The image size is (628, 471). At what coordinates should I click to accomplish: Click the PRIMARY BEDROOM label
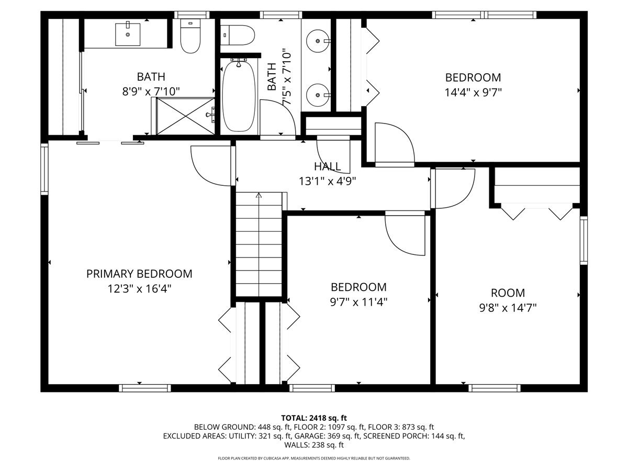[139, 274]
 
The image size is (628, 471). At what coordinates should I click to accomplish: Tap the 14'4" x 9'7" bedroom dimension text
[473, 93]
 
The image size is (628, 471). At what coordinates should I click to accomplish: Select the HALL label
[327, 166]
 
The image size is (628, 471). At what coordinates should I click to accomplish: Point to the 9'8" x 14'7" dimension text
[508, 308]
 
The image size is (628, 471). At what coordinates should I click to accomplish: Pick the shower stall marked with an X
[185, 116]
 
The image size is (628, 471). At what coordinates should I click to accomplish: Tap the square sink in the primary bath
[128, 35]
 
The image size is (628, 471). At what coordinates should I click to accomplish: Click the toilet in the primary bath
[190, 36]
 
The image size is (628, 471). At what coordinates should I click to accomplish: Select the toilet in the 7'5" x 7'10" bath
[238, 35]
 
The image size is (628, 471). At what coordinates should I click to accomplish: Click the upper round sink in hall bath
[318, 41]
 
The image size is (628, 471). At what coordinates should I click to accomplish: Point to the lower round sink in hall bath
[318, 95]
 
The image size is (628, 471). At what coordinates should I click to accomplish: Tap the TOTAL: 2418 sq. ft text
[314, 418]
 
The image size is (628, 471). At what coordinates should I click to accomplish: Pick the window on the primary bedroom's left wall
[44, 169]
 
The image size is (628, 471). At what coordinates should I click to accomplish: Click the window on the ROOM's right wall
[584, 240]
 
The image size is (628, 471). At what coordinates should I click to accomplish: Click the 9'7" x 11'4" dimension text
[359, 302]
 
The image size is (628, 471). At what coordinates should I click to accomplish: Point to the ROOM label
[508, 293]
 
